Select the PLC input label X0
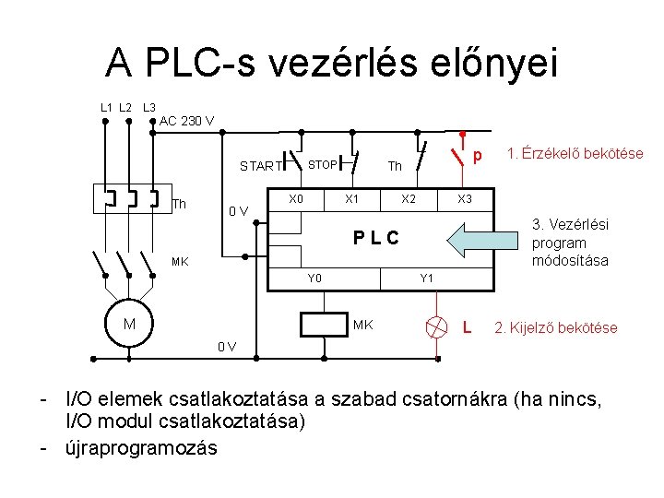tap(295, 199)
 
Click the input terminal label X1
tap(351, 199)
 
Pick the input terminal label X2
tap(409, 199)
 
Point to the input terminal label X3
tap(465, 199)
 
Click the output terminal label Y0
tap(314, 278)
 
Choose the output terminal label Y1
tap(427, 278)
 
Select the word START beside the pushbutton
tap(260, 167)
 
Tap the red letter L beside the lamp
tap(468, 327)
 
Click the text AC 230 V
tap(187, 121)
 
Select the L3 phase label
tap(148, 108)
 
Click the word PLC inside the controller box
tap(376, 239)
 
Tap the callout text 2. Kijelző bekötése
tap(556, 327)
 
